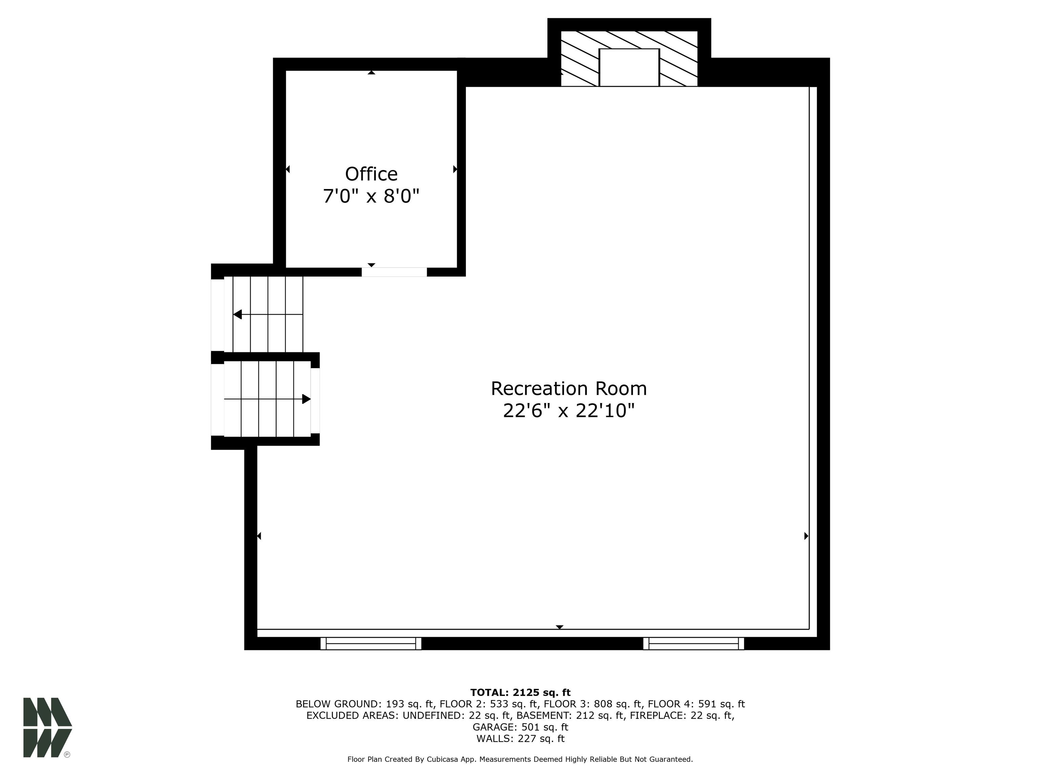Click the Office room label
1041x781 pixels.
371,174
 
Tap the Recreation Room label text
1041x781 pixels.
569,388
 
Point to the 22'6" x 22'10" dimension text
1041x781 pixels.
569,411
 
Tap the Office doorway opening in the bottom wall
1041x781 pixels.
394,272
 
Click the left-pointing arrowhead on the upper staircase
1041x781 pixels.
238,314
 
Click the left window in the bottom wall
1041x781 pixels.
371,643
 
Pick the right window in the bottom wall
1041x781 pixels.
694,643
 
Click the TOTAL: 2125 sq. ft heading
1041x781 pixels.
520,693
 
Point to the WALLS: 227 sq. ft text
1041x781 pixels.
520,739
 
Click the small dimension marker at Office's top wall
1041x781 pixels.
371,73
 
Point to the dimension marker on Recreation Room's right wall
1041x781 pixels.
806,536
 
